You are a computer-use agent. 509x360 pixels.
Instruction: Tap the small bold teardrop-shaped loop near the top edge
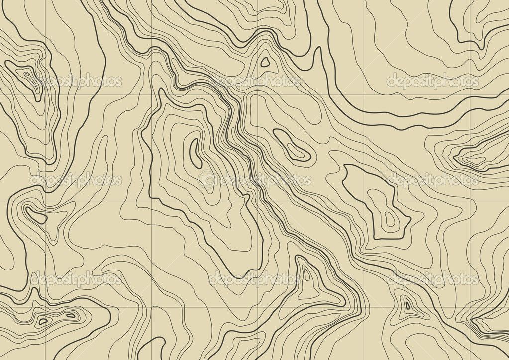(265, 62)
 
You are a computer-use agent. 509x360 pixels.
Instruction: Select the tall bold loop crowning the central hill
(196, 152)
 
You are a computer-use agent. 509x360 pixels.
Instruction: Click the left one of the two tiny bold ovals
(43, 321)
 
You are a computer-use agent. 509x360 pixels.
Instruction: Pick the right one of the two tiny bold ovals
(71, 315)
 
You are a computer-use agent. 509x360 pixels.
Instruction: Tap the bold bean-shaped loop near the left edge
(36, 215)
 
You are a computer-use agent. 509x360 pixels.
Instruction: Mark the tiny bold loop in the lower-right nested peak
(407, 305)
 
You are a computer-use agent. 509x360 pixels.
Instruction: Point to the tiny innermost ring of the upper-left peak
(23, 75)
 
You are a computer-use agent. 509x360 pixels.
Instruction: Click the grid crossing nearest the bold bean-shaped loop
(46, 201)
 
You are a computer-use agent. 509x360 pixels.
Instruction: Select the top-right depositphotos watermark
(432, 81)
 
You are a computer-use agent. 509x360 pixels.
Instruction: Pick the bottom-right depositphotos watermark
(432, 279)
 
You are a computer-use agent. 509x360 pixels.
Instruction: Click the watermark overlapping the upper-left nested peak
(77, 81)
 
